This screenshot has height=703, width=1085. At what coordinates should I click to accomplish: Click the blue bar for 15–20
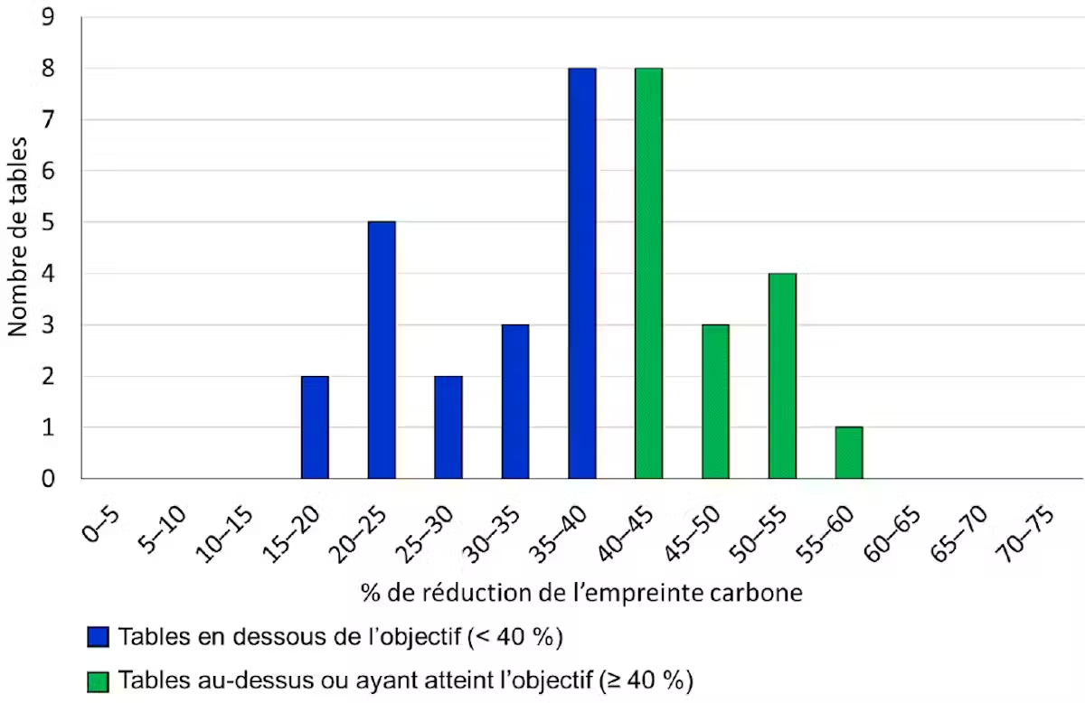pyautogui.click(x=315, y=427)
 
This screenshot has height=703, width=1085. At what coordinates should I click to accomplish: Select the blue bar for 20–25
pyautogui.click(x=382, y=350)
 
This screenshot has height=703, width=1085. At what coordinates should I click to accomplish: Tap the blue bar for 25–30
pyautogui.click(x=448, y=427)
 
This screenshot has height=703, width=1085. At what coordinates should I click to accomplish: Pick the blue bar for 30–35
pyautogui.click(x=515, y=401)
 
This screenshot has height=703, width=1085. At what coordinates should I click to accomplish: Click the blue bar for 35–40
pyautogui.click(x=582, y=273)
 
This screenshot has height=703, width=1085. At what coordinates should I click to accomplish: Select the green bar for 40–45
pyautogui.click(x=648, y=273)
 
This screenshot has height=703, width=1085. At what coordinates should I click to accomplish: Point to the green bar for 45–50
pyautogui.click(x=715, y=401)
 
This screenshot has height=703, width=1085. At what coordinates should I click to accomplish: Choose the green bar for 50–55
pyautogui.click(x=782, y=376)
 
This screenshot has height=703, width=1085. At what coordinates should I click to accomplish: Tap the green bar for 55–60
pyautogui.click(x=849, y=453)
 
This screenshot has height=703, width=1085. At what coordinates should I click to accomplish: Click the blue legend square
pyautogui.click(x=98, y=637)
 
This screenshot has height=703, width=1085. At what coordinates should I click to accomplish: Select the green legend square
pyautogui.click(x=98, y=679)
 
